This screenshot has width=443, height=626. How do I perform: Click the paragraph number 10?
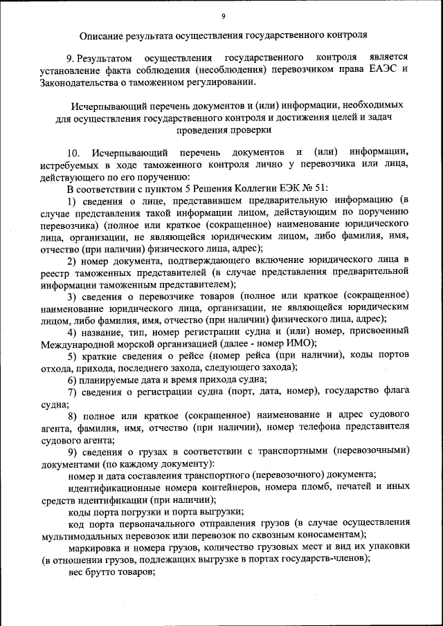pos(75,152)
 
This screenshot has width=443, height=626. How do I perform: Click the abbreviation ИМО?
pos(298,343)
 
